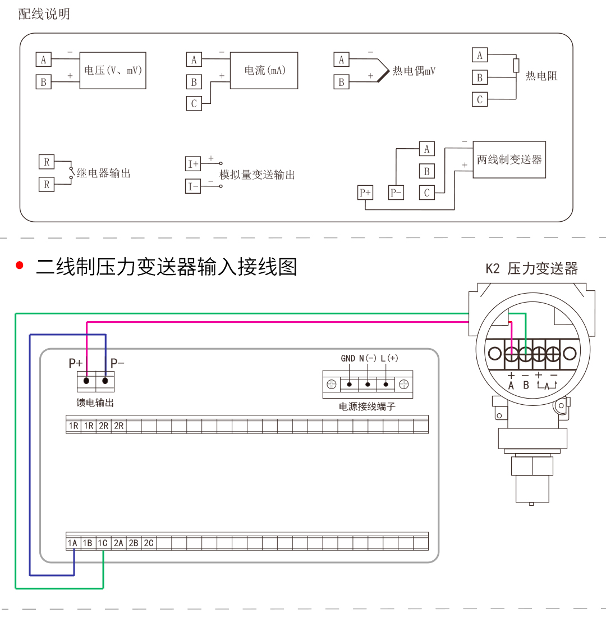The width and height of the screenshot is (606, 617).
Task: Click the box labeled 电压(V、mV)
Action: click(x=113, y=70)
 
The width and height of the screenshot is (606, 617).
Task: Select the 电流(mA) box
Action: click(x=264, y=70)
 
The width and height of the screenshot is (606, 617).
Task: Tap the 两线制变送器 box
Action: click(x=509, y=159)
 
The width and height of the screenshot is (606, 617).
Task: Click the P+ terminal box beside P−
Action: click(x=365, y=193)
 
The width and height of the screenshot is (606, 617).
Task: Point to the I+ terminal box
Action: click(x=193, y=164)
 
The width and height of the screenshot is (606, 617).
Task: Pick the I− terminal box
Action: click(x=193, y=186)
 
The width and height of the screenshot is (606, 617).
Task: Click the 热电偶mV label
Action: click(x=414, y=71)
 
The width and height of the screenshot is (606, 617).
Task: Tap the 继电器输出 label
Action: click(x=104, y=173)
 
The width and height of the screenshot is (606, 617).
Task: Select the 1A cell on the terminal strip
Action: click(x=73, y=543)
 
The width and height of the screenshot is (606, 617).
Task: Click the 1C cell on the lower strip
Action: click(x=103, y=543)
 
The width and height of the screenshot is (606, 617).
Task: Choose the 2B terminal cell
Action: click(x=134, y=543)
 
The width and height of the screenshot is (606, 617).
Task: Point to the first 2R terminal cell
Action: click(x=103, y=426)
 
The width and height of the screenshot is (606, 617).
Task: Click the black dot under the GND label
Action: click(x=349, y=384)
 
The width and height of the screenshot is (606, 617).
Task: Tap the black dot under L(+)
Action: click(x=386, y=384)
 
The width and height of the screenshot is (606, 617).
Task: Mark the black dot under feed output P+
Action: click(x=86, y=381)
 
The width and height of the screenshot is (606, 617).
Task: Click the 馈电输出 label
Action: click(x=95, y=403)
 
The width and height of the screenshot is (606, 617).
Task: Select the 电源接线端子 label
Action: click(x=367, y=406)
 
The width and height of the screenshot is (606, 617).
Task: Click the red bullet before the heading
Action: click(x=19, y=266)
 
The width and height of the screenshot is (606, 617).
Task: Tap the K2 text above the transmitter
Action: click(x=492, y=269)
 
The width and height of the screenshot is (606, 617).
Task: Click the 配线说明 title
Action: click(x=44, y=14)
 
